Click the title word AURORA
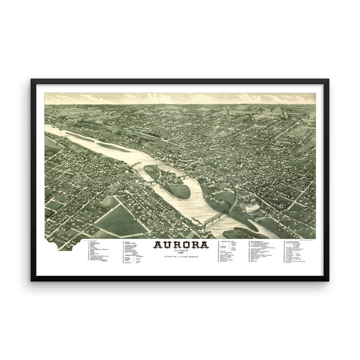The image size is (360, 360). [181, 245]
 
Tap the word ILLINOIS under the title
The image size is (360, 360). [181, 251]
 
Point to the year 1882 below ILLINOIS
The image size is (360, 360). [181, 253]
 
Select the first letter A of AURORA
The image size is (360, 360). [158, 245]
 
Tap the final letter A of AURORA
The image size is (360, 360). [204, 245]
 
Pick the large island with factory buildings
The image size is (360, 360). [169, 180]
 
